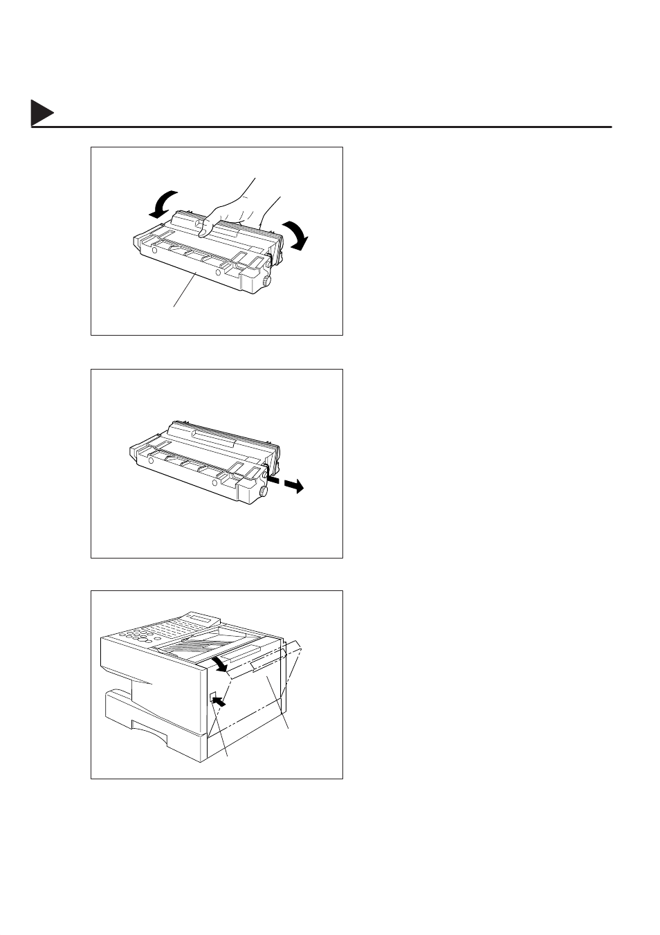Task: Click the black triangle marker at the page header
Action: click(42, 114)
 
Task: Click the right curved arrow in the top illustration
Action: click(297, 235)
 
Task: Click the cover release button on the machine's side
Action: click(213, 698)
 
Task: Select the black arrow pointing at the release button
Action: click(219, 702)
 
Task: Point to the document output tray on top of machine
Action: click(201, 644)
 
